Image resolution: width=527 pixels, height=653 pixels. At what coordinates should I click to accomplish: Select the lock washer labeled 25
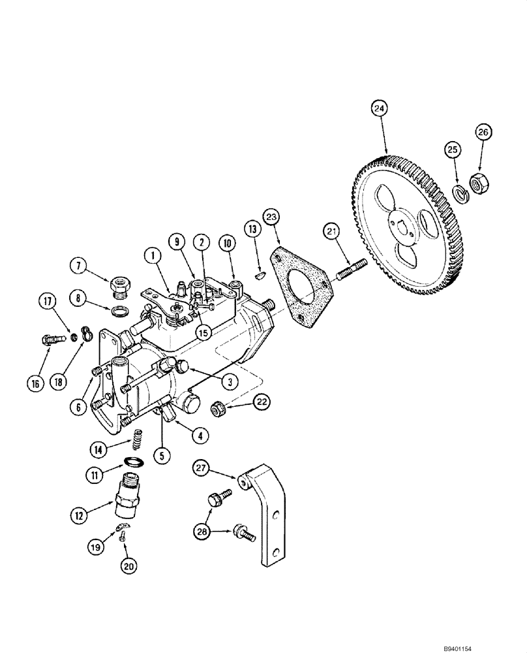pyautogui.click(x=460, y=195)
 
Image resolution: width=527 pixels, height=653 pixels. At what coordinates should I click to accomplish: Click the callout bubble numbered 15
pyautogui.click(x=204, y=332)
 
